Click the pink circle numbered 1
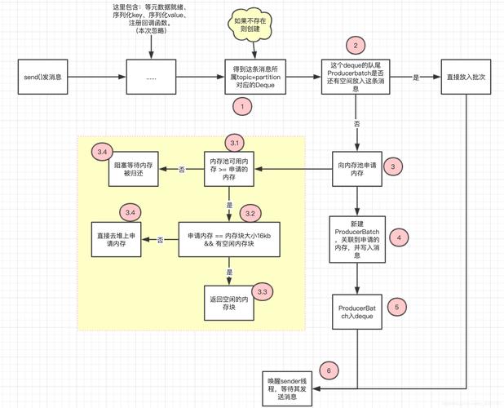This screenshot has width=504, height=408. [x=241, y=106]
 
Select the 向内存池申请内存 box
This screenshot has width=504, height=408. [x=357, y=169]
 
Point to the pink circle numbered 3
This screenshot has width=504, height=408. [x=393, y=166]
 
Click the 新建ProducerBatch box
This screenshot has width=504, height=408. [x=357, y=237]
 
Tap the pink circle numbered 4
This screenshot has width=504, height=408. [x=397, y=238]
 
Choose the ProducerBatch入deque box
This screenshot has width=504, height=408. [x=357, y=311]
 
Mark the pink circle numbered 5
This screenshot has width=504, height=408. [x=396, y=308]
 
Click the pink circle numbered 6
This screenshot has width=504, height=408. [x=329, y=370]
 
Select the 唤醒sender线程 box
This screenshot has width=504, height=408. [x=290, y=388]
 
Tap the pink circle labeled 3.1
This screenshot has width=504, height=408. [x=235, y=142]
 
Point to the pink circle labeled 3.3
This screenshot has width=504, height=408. [x=262, y=291]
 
